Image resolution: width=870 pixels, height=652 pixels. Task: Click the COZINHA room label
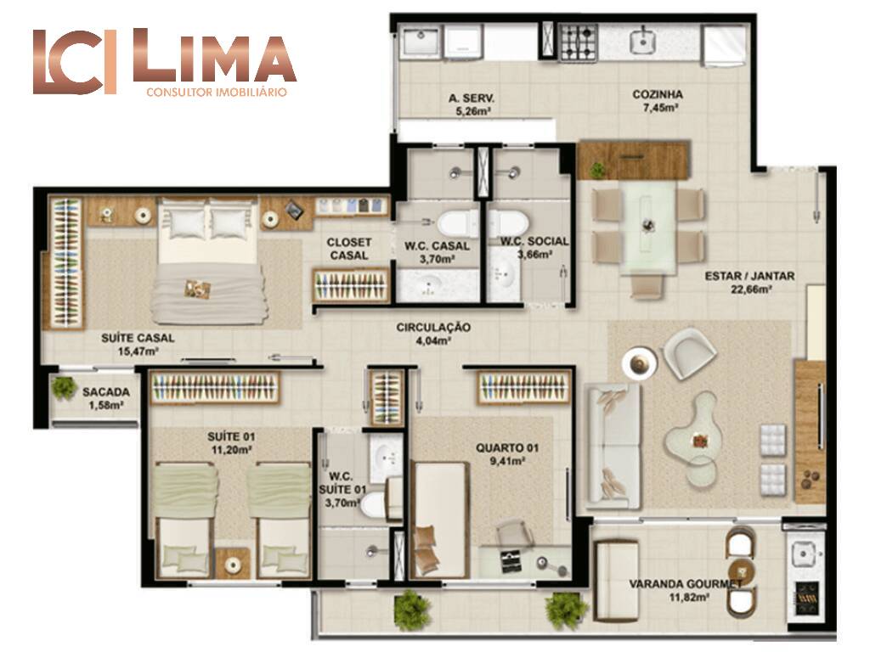point(658,94)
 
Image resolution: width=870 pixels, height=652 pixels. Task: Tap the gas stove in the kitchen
point(578,42)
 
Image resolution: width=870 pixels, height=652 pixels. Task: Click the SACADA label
point(106,392)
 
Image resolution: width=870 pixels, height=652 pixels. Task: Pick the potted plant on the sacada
point(65,387)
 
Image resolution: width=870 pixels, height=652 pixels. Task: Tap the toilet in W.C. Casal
point(456,224)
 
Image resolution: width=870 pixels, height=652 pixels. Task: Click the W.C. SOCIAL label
point(534,241)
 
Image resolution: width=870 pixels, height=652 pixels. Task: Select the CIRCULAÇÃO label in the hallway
point(433,328)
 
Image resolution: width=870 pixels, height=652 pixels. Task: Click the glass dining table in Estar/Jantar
point(648,228)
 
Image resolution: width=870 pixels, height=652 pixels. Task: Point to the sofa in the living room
point(613,446)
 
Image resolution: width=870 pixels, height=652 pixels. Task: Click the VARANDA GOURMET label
point(686,584)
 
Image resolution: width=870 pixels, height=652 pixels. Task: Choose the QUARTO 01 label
point(507,447)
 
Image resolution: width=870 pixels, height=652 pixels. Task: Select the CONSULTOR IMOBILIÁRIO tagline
point(217,92)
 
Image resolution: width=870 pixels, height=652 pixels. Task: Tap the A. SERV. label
point(472,98)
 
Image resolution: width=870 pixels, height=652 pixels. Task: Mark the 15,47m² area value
point(138,351)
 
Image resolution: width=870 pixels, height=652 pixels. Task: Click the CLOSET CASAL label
point(349,249)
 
